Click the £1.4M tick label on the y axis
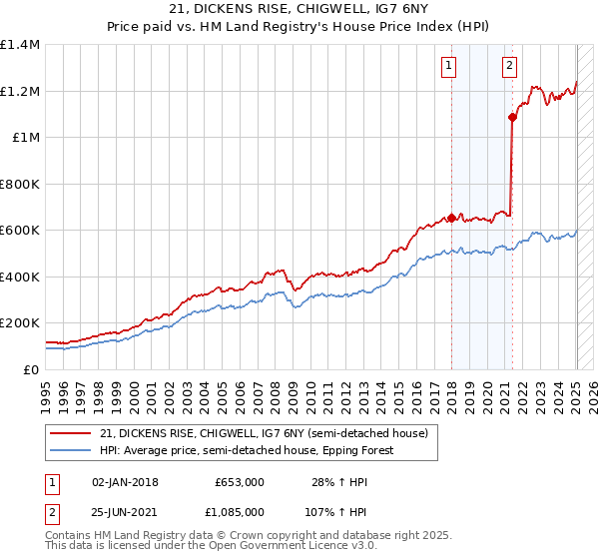(x=20, y=45)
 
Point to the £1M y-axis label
(x=25, y=138)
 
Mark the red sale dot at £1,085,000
(x=513, y=117)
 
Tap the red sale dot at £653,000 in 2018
(x=451, y=218)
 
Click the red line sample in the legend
(x=71, y=433)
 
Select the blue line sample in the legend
(x=71, y=450)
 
